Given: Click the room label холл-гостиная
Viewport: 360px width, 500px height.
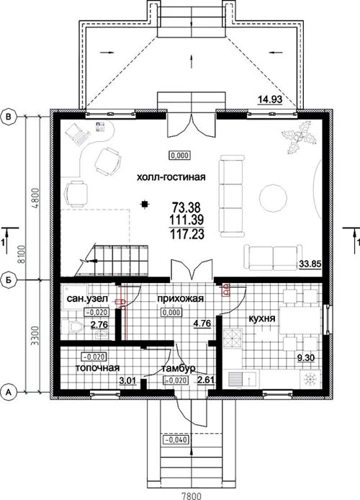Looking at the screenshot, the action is point(171,177).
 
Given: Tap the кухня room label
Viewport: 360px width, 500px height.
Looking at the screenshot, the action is point(262,318).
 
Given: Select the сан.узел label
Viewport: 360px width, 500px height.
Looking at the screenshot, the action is point(87,299).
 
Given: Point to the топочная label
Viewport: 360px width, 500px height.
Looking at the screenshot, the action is point(97,367).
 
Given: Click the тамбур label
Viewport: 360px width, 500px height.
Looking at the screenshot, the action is point(179,369).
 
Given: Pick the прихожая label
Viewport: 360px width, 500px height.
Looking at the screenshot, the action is point(180,299).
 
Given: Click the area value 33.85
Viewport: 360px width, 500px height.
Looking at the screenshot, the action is point(310,264).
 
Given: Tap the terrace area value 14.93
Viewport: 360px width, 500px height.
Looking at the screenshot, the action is point(270,100).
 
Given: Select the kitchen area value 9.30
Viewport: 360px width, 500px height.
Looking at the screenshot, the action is point(306,358).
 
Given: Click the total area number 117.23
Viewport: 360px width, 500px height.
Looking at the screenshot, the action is point(186,235).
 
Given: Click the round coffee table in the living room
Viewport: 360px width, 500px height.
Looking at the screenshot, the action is point(274,198).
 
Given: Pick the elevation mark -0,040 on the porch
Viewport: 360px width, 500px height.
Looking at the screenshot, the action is point(176,440).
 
